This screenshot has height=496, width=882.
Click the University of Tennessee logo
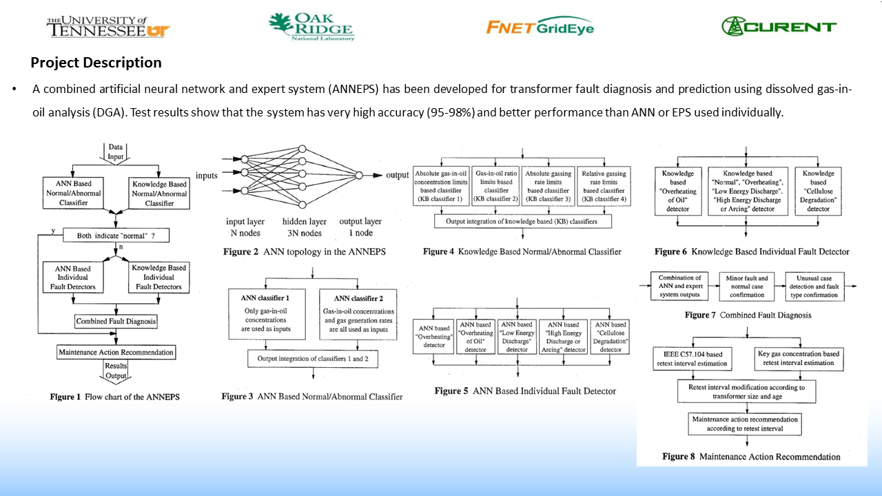pyautogui.click(x=107, y=27)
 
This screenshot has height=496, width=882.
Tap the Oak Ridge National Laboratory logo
pyautogui.click(x=311, y=27)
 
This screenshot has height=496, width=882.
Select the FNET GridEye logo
pyautogui.click(x=540, y=27)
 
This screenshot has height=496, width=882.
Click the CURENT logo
pyautogui.click(x=779, y=27)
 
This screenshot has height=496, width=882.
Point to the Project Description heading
pyautogui.click(x=96, y=63)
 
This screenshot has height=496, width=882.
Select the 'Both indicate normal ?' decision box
pyautogui.click(x=116, y=236)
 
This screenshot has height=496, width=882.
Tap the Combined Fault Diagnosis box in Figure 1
pyautogui.click(x=116, y=321)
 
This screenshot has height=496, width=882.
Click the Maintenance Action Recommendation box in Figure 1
pyautogui.click(x=116, y=353)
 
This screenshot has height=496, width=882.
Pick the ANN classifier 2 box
pyautogui.click(x=358, y=313)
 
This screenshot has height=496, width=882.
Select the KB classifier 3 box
pyautogui.click(x=548, y=186)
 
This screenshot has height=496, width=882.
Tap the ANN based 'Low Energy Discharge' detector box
pyautogui.click(x=517, y=337)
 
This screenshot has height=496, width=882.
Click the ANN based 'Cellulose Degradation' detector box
pyautogui.click(x=610, y=337)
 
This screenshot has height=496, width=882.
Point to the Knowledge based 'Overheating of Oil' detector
pyautogui.click(x=678, y=191)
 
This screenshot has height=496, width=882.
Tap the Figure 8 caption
pyautogui.click(x=751, y=457)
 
